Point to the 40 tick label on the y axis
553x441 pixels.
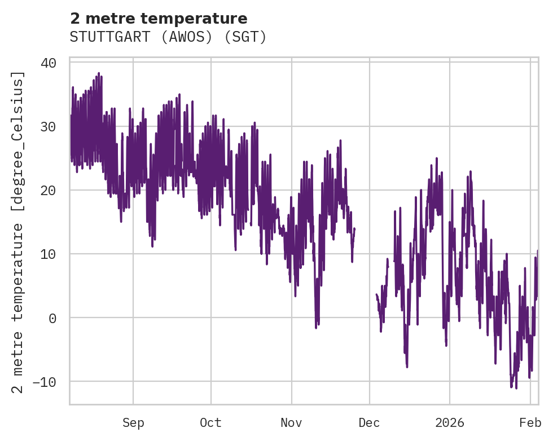click(x=49, y=63)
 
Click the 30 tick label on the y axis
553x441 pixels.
click(x=49, y=126)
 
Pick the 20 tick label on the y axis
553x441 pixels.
click(x=49, y=190)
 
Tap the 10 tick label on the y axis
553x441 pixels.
click(x=49, y=254)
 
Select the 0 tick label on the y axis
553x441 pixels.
click(x=52, y=318)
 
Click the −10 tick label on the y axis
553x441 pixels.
click(x=45, y=382)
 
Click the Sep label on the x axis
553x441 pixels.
click(x=133, y=423)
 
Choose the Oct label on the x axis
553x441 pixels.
click(x=210, y=423)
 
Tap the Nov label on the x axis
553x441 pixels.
click(x=292, y=423)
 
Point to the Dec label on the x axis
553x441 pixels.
click(x=370, y=423)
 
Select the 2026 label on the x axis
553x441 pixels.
click(x=450, y=423)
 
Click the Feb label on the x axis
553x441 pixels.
click(x=530, y=423)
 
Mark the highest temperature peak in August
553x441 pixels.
click(x=99, y=73)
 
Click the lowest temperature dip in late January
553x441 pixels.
click(x=516, y=388)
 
